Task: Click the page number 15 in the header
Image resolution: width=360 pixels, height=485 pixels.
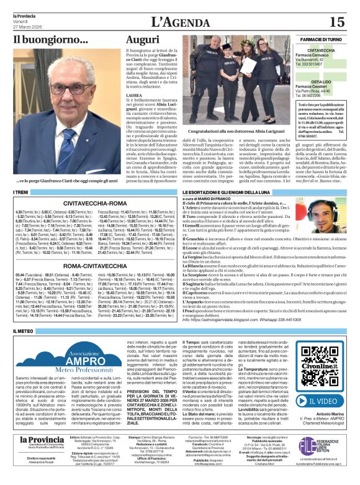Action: pos(336,22)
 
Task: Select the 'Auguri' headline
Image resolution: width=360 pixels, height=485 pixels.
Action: pos(143,40)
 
